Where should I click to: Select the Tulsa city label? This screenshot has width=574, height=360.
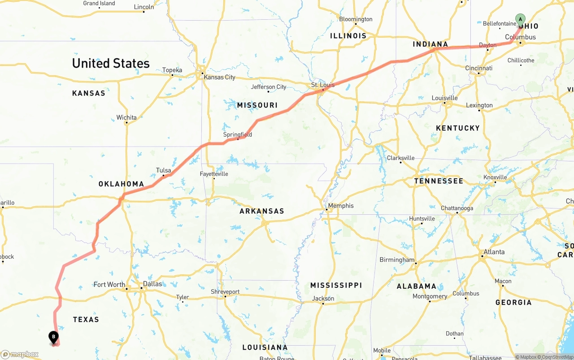pos(163,170)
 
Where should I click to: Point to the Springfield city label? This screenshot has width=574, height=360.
pos(238,134)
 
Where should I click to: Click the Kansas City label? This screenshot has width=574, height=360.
pos(219,77)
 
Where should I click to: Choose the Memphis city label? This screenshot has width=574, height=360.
pos(341,206)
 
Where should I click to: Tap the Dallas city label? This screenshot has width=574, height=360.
pos(152,284)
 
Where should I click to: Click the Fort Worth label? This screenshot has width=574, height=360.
pos(109,284)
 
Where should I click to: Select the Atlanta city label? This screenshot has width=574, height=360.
pos(494,252)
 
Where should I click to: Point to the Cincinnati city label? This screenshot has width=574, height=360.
pos(478,68)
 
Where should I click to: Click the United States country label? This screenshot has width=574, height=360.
pos(111,63)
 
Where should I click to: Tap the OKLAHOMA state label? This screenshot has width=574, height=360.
pos(121,184)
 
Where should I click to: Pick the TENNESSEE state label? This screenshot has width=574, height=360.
pos(439,181)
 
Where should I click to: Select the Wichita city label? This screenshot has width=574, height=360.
pos(126,117)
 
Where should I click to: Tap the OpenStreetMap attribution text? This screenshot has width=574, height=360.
pos(557,357)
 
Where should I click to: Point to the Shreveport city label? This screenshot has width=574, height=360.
pos(225,292)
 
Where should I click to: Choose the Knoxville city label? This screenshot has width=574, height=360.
pos(495,177)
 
